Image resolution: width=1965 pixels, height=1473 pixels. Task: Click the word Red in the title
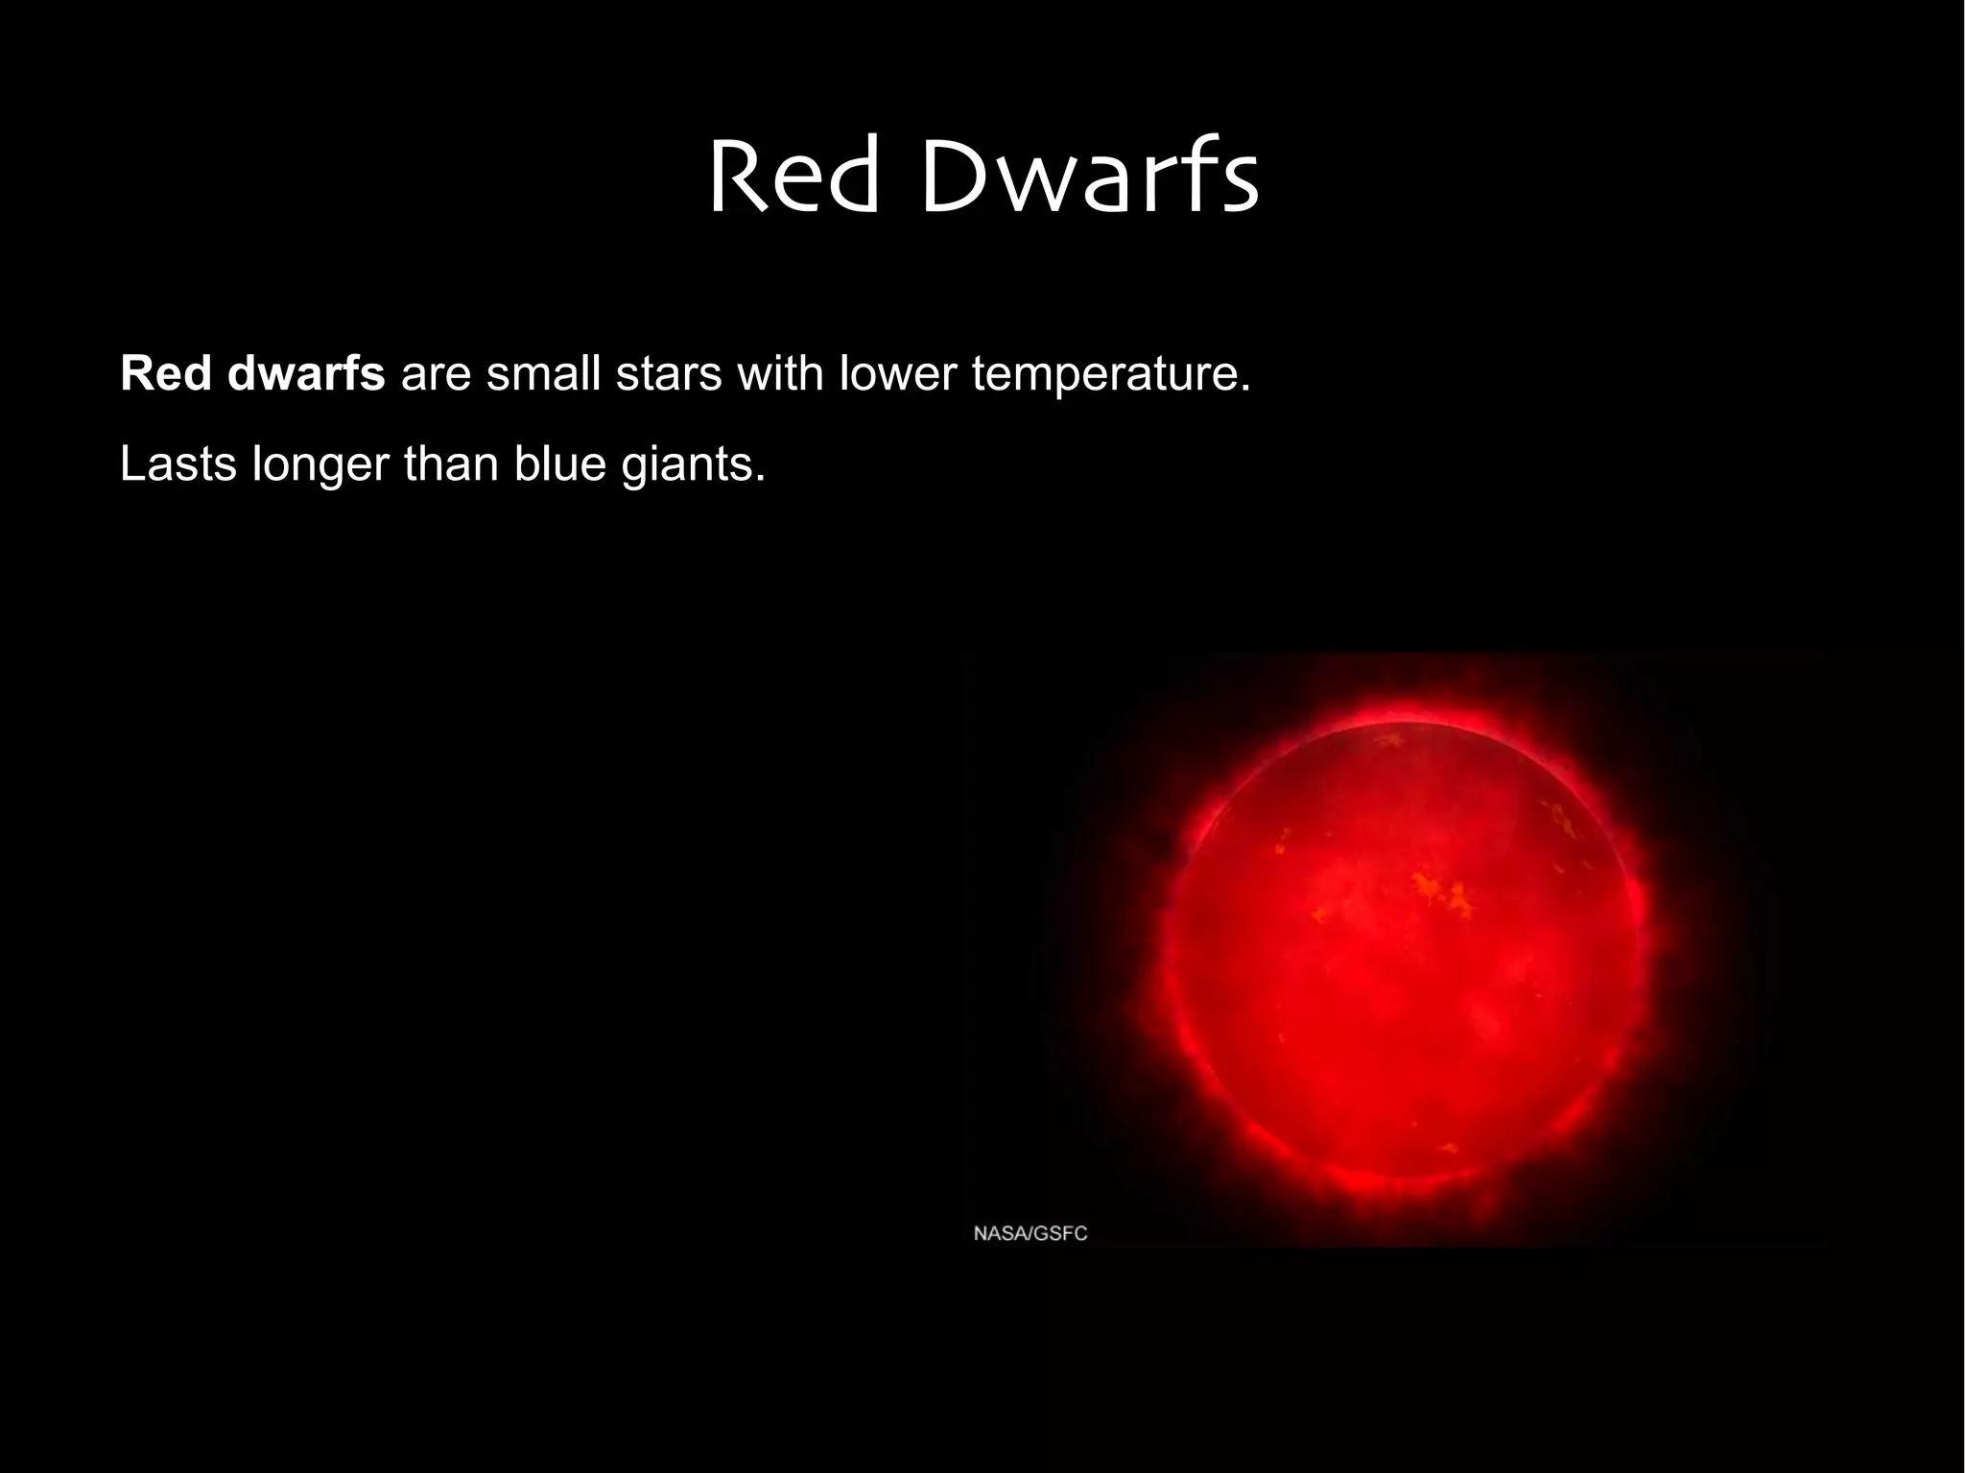tap(793, 178)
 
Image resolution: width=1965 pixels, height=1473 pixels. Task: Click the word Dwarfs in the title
tap(1089, 178)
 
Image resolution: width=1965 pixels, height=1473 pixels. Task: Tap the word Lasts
tap(178, 463)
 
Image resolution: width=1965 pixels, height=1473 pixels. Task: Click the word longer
tap(320, 465)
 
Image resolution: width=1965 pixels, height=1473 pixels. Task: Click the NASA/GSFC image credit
tap(1030, 1233)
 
